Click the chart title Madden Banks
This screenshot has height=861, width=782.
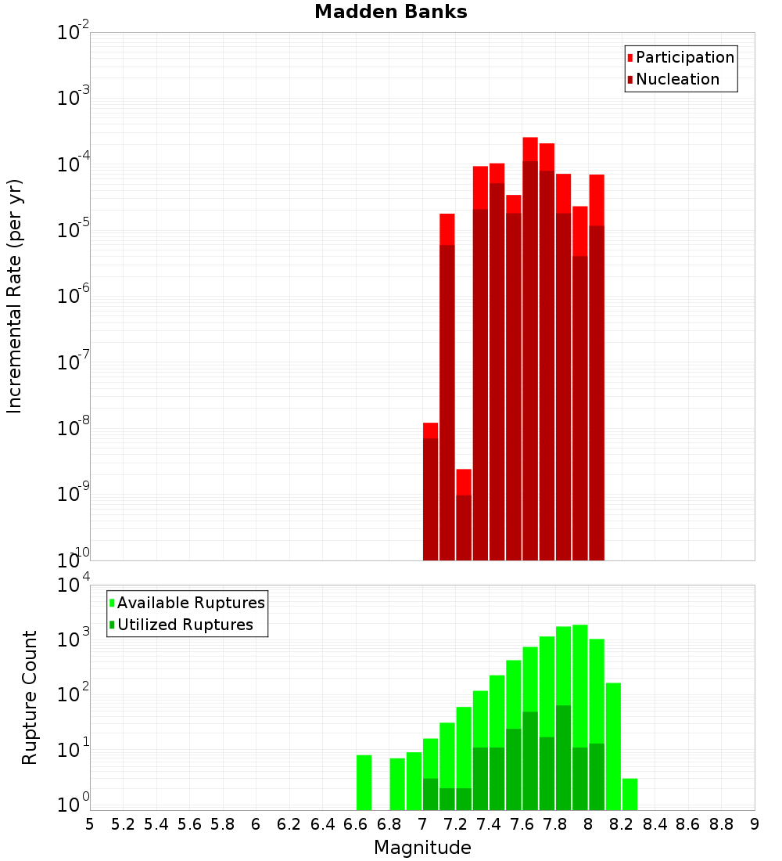pyautogui.click(x=390, y=12)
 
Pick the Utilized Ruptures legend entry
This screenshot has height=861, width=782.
pyautogui.click(x=185, y=625)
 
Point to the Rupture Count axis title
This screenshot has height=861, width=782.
pyautogui.click(x=30, y=697)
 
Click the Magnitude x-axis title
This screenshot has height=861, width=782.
pyautogui.click(x=422, y=848)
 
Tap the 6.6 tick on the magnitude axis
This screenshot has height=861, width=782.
pyautogui.click(x=356, y=824)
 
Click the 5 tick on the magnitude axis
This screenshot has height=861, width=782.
pyautogui.click(x=90, y=824)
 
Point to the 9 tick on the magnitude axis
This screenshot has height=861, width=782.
pyautogui.click(x=755, y=824)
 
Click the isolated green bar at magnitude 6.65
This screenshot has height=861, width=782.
pyautogui.click(x=364, y=782)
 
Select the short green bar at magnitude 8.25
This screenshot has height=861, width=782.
pyautogui.click(x=630, y=794)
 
